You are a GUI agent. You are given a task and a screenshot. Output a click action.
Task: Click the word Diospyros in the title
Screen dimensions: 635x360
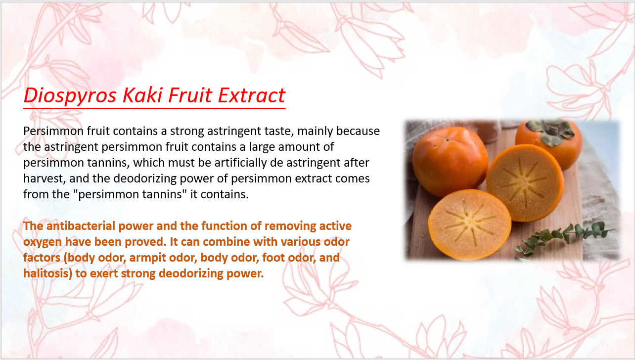click(x=70, y=96)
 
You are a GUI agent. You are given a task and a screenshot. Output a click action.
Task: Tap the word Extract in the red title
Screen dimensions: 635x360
click(x=251, y=95)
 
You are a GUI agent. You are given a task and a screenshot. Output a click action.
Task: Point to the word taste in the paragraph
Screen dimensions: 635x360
click(x=279, y=131)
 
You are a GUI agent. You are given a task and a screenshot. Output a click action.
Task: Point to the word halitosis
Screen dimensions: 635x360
click(x=47, y=273)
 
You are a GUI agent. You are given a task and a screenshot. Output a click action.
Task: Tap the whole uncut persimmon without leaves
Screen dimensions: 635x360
click(x=450, y=161)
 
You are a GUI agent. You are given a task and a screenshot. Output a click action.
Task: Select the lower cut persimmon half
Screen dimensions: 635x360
click(x=469, y=225)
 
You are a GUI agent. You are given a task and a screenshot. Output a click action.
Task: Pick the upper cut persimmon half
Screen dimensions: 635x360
click(x=525, y=182)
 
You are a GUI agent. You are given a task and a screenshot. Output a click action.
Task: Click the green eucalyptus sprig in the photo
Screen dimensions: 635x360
click(x=564, y=239)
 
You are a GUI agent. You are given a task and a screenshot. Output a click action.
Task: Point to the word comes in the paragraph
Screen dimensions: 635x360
click(x=353, y=179)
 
